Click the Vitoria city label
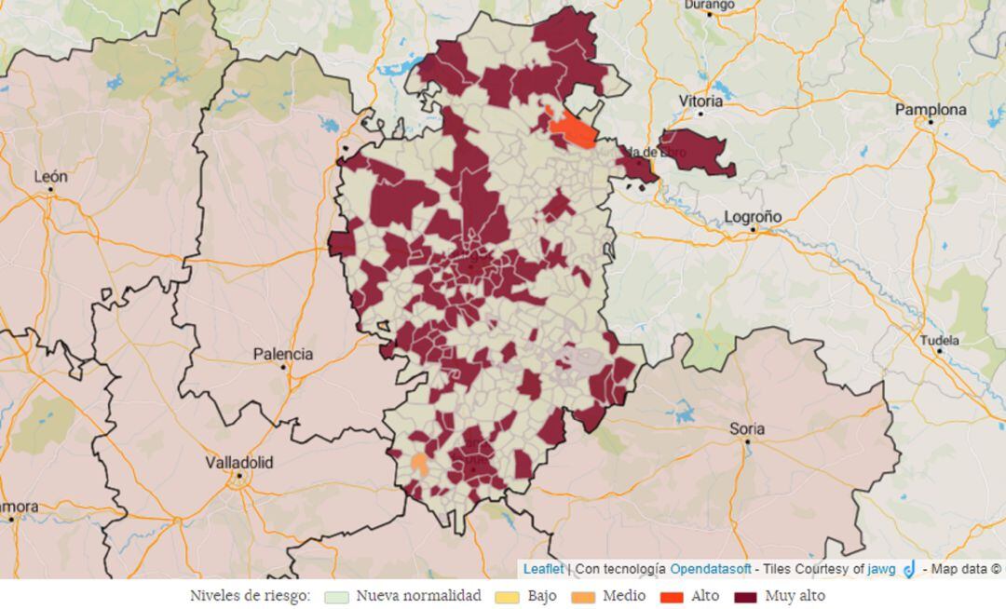700,101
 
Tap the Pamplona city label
931,110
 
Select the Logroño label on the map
753,217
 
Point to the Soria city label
747,429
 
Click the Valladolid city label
239,463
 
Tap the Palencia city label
283,355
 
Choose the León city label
50,176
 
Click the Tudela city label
939,340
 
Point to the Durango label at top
709,5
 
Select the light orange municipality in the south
420,463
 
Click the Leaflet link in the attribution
543,568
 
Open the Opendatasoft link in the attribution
709,568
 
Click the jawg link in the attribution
881,568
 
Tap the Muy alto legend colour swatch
746,597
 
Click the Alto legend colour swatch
672,597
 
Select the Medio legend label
624,596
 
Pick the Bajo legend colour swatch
507,597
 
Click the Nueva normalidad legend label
418,596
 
